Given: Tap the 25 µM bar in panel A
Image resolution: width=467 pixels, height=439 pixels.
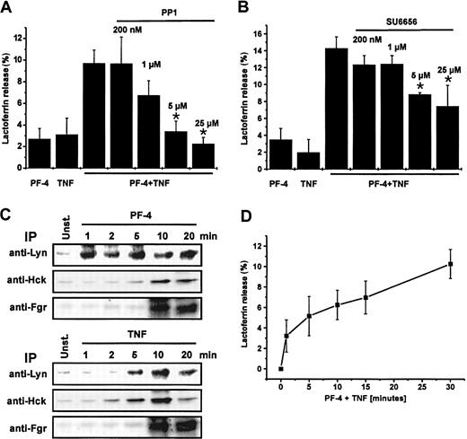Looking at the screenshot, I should tap(207, 156).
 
